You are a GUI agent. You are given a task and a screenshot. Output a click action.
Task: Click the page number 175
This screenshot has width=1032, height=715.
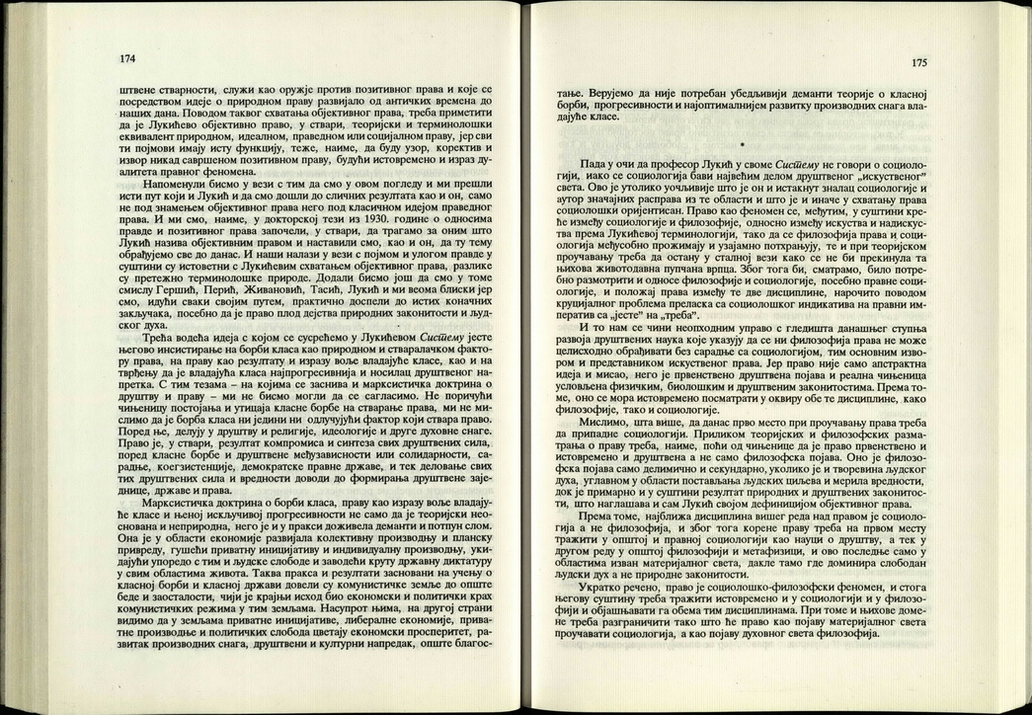pyautogui.click(x=918, y=62)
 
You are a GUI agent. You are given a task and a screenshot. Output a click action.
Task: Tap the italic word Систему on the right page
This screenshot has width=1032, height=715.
pyautogui.click(x=800, y=161)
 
